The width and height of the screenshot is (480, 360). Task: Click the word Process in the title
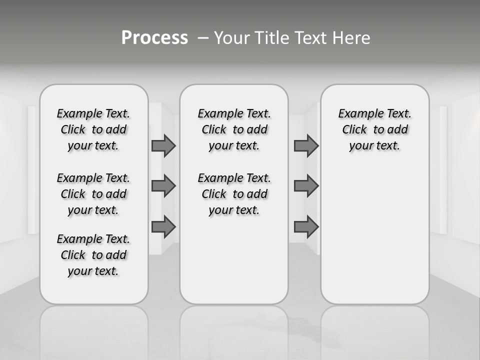[x=154, y=38]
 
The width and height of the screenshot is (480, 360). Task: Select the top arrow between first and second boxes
[x=163, y=146]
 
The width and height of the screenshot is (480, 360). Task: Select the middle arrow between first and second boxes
[x=163, y=186]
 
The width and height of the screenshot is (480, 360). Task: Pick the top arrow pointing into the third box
[x=306, y=146]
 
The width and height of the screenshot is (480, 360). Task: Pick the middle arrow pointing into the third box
[x=306, y=186]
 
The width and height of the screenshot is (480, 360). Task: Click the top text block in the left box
[x=93, y=129]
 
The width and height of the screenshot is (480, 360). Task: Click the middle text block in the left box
[x=93, y=194]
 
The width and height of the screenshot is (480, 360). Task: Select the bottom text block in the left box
[x=93, y=255]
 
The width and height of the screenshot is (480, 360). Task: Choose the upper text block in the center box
[x=234, y=129]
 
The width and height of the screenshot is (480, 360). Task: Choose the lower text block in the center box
[x=234, y=194]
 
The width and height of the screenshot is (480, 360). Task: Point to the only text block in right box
[x=374, y=129]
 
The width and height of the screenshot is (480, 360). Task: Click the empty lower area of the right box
[x=374, y=235]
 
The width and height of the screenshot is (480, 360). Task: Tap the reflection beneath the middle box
[x=234, y=330]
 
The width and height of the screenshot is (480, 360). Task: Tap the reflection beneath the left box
[x=93, y=330]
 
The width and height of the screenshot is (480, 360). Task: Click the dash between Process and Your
[x=202, y=38]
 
